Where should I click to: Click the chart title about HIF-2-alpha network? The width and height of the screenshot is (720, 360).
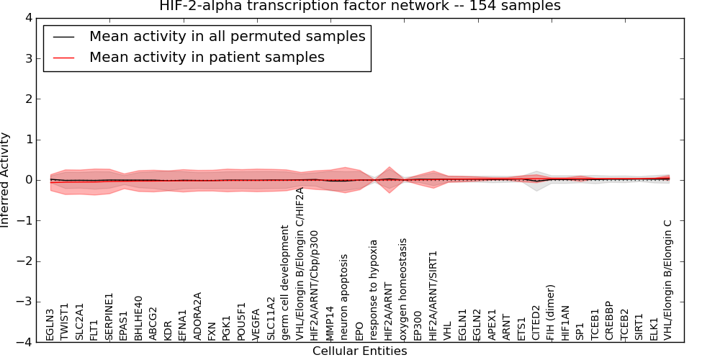coord(359,6)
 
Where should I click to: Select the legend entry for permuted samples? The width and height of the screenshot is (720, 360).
coord(227,36)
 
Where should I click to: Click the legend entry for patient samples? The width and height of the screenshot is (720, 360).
coord(207,57)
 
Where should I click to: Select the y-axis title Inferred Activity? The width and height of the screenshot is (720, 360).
coord(6,180)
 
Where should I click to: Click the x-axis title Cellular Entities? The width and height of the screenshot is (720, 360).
coord(359,351)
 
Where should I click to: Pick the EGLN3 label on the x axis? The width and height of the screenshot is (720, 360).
coord(50,324)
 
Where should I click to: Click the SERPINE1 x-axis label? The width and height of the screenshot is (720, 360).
coord(109,316)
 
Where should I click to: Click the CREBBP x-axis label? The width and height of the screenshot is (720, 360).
coord(609,320)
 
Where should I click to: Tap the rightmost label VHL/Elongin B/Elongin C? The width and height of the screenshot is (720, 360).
coord(668,280)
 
